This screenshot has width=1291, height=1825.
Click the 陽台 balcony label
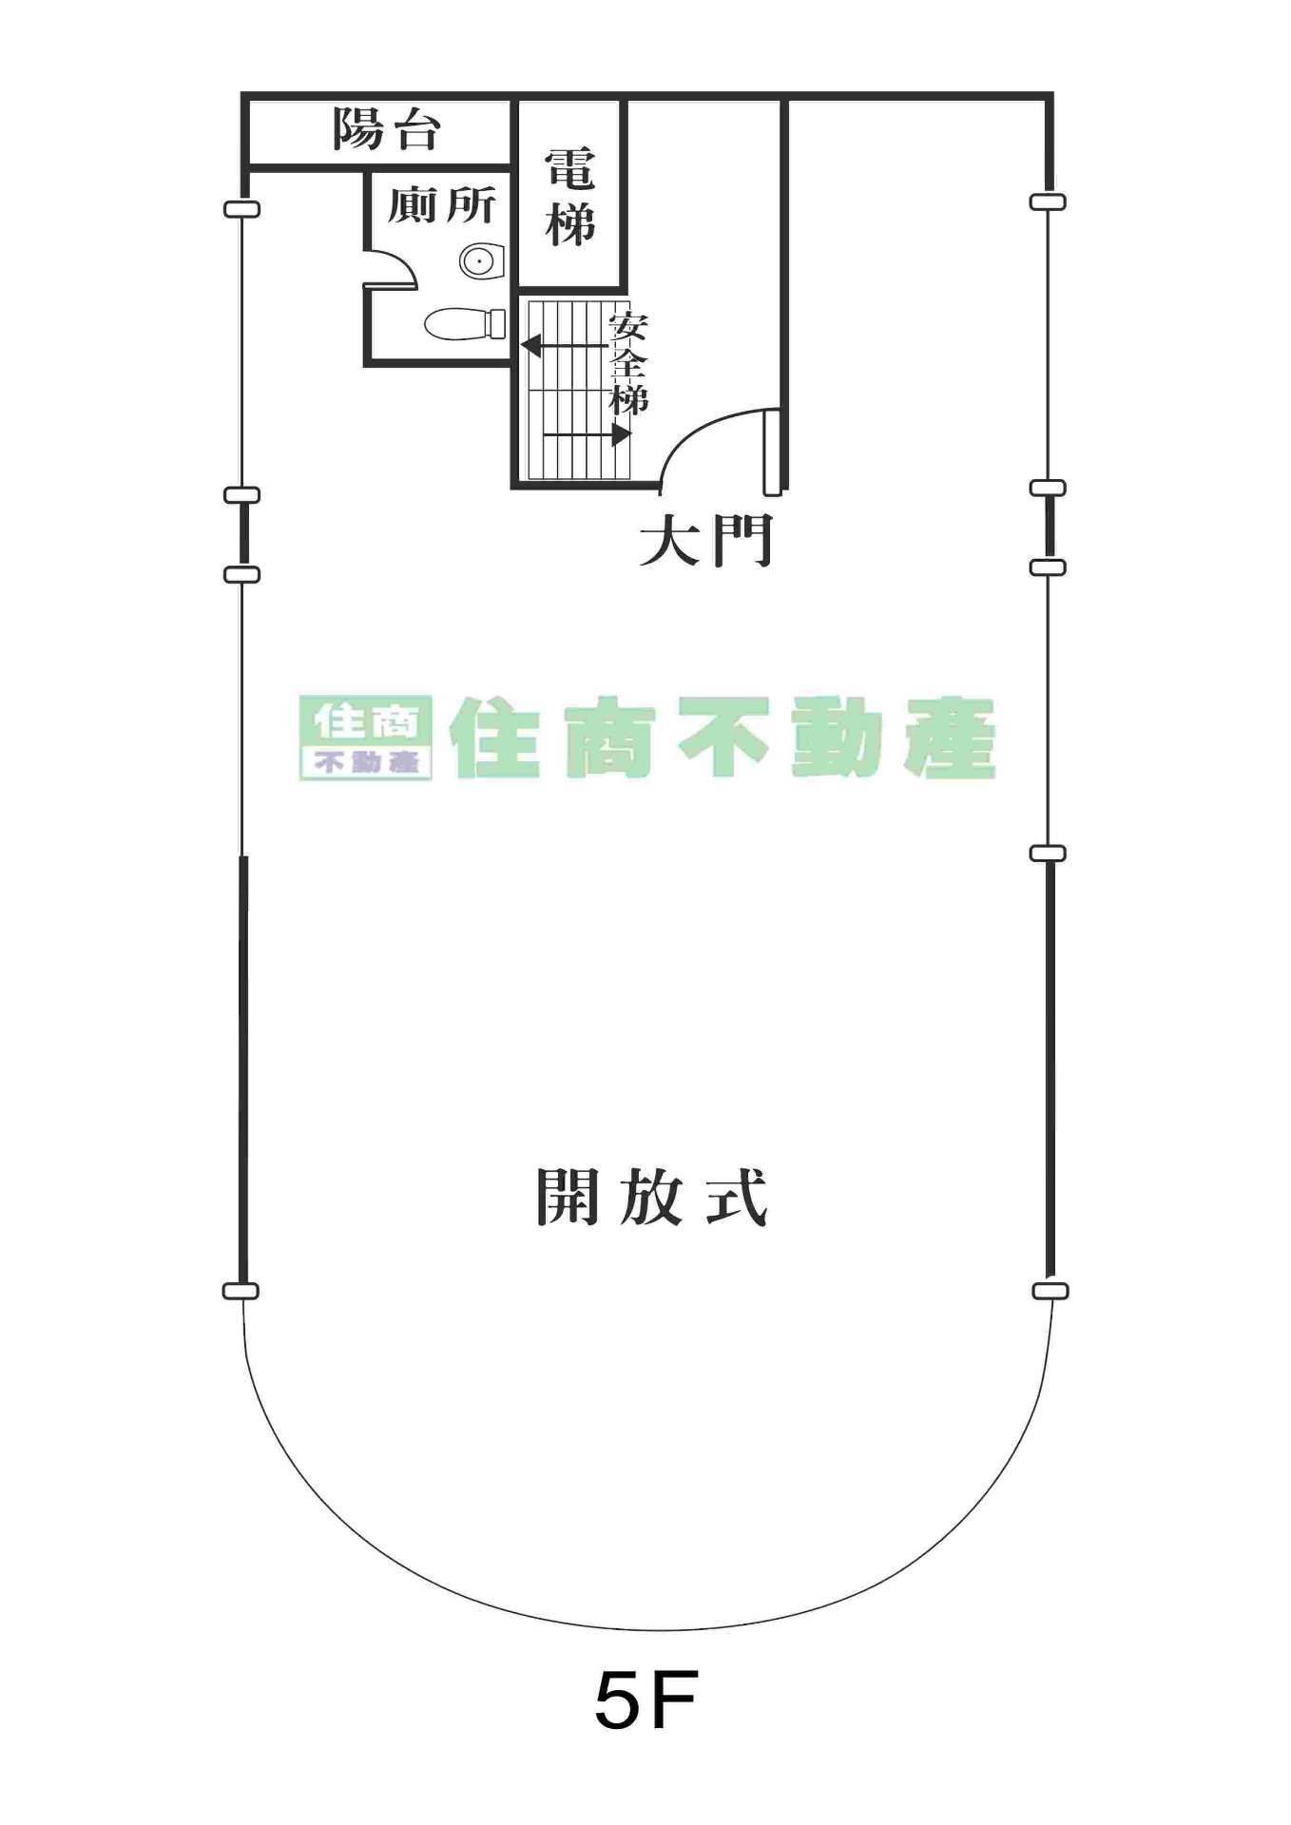(x=386, y=129)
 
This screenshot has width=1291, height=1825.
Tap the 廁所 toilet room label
(x=441, y=204)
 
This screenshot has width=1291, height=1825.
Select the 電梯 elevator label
(x=570, y=197)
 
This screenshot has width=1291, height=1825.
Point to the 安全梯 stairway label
(x=628, y=363)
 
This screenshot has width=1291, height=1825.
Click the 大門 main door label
(x=705, y=541)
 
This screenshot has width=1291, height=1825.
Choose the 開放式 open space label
(x=651, y=1197)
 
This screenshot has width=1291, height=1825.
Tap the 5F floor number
(x=646, y=1700)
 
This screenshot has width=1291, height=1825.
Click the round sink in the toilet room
(x=482, y=260)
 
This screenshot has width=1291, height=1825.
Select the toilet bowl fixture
(x=465, y=324)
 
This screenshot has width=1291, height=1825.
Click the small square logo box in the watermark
(x=366, y=738)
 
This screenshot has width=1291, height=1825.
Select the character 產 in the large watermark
(x=950, y=739)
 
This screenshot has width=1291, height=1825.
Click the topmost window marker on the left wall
(x=241, y=209)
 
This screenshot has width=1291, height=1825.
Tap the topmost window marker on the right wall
(x=1048, y=202)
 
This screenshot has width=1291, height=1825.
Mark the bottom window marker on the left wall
(x=241, y=1291)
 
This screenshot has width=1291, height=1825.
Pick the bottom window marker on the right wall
(x=1050, y=1291)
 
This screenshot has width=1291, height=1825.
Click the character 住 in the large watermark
(x=495, y=739)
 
